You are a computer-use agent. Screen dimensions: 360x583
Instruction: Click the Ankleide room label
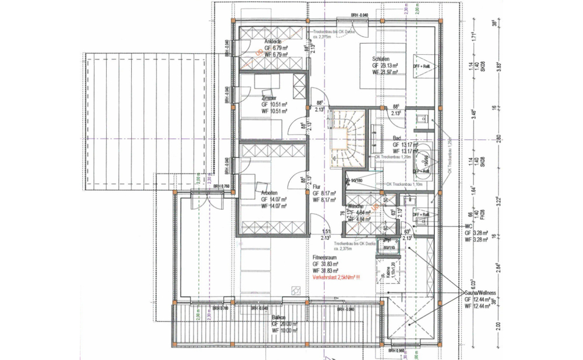[273, 42]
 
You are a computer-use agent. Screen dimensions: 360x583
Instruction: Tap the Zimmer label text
[269, 98]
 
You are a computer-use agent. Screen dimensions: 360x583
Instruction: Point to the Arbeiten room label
[269, 192]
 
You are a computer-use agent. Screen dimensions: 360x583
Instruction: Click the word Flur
[317, 187]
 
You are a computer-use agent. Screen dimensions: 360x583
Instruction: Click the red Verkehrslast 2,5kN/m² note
[336, 278]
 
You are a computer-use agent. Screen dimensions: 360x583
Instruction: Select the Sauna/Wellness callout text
[480, 292]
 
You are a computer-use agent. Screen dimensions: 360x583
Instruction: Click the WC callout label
[468, 225]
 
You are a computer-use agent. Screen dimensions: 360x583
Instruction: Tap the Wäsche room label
[356, 207]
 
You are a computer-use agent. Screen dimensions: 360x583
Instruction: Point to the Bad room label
[396, 137]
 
